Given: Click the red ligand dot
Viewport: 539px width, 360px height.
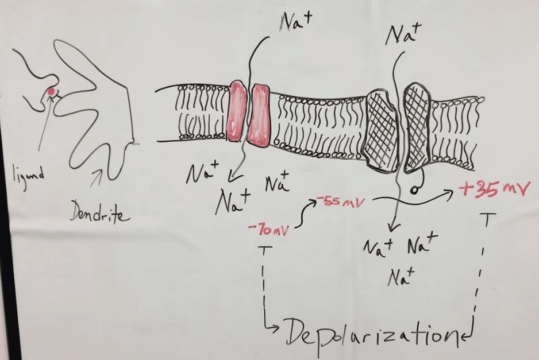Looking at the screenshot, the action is coord(51,91).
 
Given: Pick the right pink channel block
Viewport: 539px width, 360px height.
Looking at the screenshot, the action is coord(260,115).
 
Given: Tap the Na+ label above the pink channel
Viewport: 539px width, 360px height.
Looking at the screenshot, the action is coord(297,21).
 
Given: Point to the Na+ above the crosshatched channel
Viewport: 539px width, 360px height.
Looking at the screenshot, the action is coord(402,35).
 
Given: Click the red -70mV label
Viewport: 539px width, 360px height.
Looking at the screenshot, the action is coord(268,230).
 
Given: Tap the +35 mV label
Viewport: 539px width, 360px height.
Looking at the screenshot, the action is coord(493,189).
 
